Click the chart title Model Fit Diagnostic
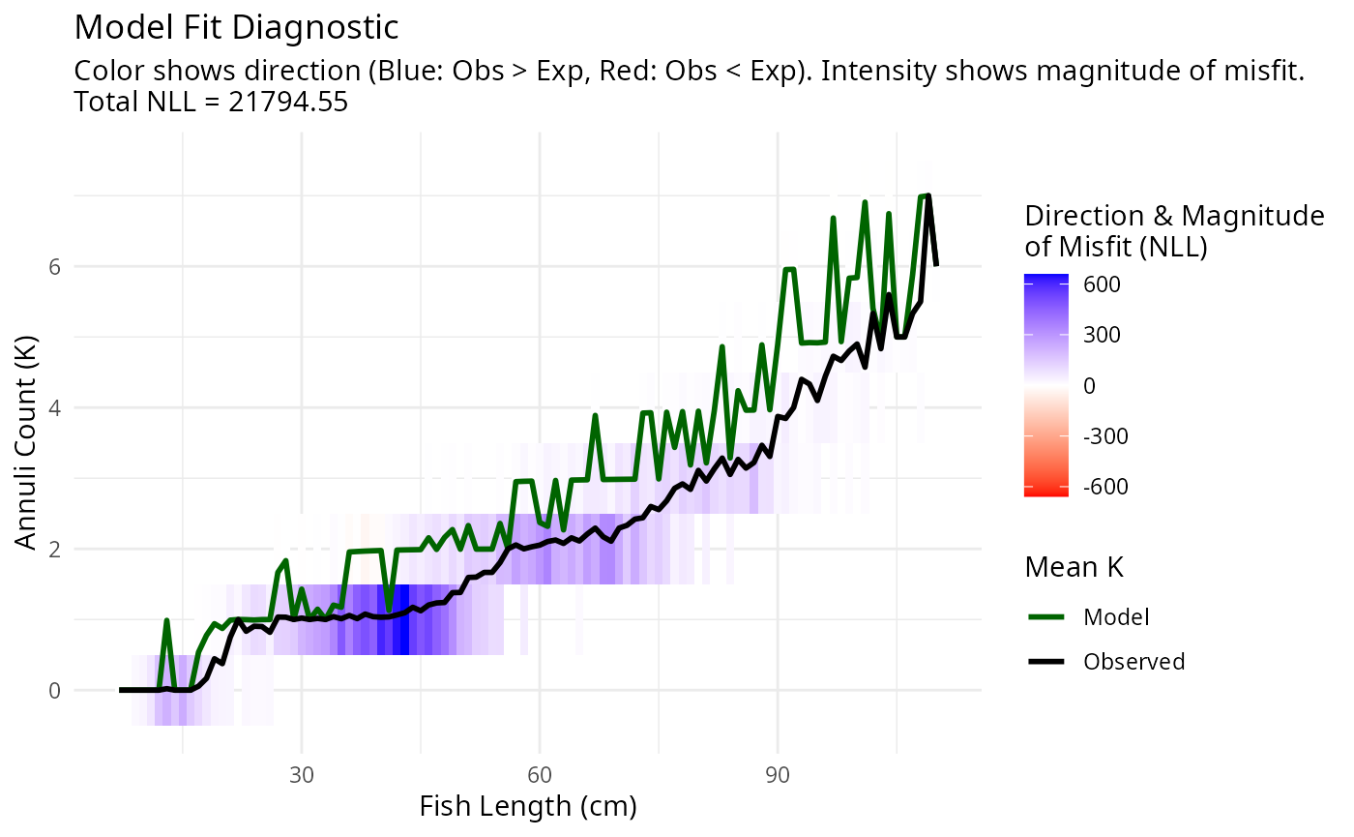tap(236, 27)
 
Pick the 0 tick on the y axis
tap(54, 691)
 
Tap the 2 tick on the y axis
tap(54, 550)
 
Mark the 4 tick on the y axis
tap(54, 407)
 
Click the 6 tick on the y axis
tap(54, 266)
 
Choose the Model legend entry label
tap(1116, 616)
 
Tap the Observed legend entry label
tap(1133, 662)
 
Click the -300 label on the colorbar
tap(1105, 435)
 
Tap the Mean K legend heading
tap(1074, 568)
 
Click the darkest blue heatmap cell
tap(403, 619)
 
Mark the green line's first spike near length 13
tap(166, 621)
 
